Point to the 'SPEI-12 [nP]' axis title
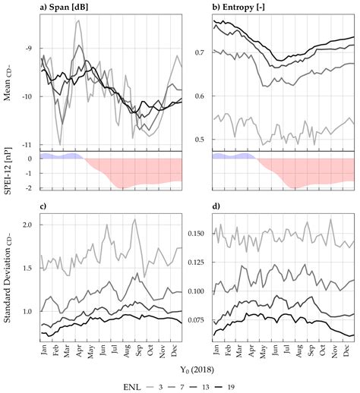(11, 171)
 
